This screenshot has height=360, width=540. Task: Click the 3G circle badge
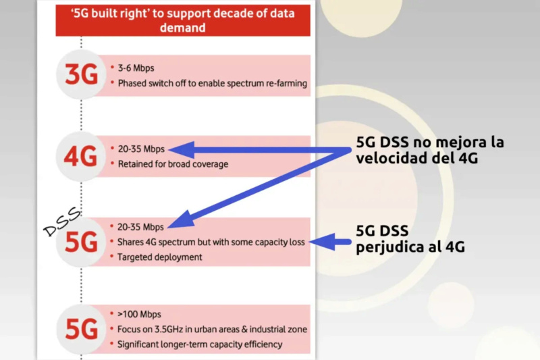click(81, 74)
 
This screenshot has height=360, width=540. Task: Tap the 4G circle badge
click(81, 157)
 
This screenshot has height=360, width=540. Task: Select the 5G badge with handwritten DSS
click(81, 242)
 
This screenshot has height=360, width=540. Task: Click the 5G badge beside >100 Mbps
click(81, 330)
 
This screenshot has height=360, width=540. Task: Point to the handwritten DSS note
click(62, 222)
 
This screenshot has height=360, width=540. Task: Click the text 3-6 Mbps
click(136, 68)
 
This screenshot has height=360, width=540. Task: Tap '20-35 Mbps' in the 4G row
click(141, 149)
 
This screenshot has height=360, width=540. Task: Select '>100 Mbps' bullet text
click(139, 314)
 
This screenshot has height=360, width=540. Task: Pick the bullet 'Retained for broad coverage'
click(173, 164)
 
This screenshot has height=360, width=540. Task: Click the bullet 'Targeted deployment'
click(159, 257)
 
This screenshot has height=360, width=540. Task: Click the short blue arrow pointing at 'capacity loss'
click(330, 242)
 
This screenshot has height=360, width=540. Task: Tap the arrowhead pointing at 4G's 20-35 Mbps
click(182, 149)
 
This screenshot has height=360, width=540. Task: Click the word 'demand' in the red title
click(182, 28)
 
